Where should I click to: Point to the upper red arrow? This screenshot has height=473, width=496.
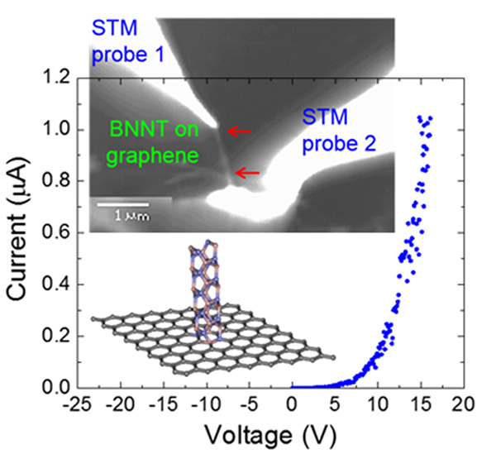(x=241, y=131)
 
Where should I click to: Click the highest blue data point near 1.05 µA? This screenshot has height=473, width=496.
(x=421, y=117)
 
